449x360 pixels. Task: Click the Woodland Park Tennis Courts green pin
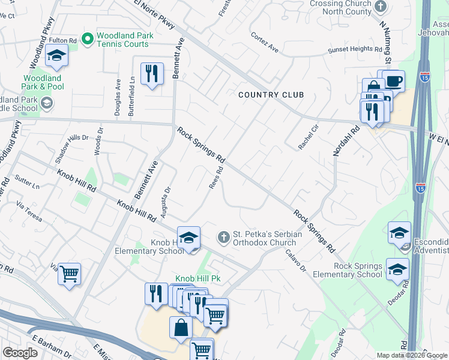click(87, 40)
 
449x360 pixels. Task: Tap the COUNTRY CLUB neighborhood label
click(271, 95)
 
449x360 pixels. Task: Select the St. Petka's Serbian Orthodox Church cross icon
click(224, 238)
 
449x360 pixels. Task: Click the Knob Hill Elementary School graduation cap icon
click(188, 238)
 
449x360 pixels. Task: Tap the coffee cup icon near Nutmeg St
click(394, 80)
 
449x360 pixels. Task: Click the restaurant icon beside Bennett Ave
click(152, 74)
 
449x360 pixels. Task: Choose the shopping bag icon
click(181, 328)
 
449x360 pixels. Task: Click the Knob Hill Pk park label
click(190, 279)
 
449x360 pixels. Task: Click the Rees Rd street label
click(216, 178)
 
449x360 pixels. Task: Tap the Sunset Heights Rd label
click(355, 51)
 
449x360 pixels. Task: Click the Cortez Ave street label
click(265, 42)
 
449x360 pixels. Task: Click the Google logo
click(20, 353)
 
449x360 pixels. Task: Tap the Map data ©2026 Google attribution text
click(411, 355)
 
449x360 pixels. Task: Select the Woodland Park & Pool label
click(43, 82)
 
